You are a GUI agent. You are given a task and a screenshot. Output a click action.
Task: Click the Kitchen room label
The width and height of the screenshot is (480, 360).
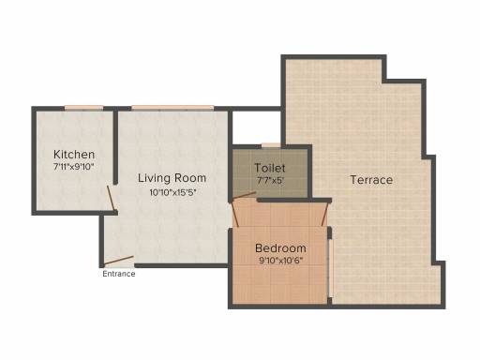pyautogui.click(x=74, y=155)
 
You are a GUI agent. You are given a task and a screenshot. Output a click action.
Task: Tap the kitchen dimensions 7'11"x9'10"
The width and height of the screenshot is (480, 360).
pyautogui.click(x=74, y=167)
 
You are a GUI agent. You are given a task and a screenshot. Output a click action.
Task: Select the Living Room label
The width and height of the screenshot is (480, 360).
pyautogui.click(x=172, y=178)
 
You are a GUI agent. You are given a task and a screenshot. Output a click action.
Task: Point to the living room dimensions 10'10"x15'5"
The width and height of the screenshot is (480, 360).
pyautogui.click(x=172, y=192)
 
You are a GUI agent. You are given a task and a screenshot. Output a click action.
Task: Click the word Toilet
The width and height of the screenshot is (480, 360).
pyautogui.click(x=270, y=168)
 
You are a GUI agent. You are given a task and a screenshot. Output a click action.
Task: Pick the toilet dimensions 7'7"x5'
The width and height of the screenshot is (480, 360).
pyautogui.click(x=270, y=180)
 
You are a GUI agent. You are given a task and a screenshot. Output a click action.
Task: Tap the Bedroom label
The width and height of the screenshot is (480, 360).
pyautogui.click(x=280, y=248)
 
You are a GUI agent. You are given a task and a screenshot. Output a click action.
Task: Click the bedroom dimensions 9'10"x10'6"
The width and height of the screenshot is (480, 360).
pyautogui.click(x=281, y=261)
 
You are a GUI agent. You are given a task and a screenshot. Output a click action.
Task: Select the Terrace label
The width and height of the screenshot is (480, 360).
pyautogui.click(x=371, y=180)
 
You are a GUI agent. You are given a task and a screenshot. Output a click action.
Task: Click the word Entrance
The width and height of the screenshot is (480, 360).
pyautogui.click(x=119, y=274)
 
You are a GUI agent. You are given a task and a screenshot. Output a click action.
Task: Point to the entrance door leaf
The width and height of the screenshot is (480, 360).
pyautogui.click(x=118, y=261)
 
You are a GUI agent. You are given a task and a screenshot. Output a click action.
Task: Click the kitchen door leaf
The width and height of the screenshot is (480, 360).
pyautogui.click(x=112, y=198)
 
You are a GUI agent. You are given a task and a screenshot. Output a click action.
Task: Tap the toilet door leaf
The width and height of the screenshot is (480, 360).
pyautogui.click(x=244, y=196)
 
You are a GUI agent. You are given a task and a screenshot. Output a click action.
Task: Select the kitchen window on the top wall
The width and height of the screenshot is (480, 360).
pyautogui.click(x=83, y=108)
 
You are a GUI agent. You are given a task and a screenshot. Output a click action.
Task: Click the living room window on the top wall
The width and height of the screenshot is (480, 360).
pyautogui.click(x=172, y=108)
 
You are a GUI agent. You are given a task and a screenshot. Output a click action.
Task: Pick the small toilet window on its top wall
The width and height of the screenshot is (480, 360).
pyautogui.click(x=271, y=145)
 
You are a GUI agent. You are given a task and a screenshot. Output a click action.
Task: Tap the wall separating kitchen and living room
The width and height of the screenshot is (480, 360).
pyautogui.click(x=115, y=147)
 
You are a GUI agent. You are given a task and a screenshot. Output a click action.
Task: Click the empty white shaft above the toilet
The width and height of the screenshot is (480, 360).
pyautogui.click(x=257, y=127)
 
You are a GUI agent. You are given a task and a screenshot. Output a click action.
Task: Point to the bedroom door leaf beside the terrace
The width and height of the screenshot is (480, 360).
pyautogui.click(x=324, y=214)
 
